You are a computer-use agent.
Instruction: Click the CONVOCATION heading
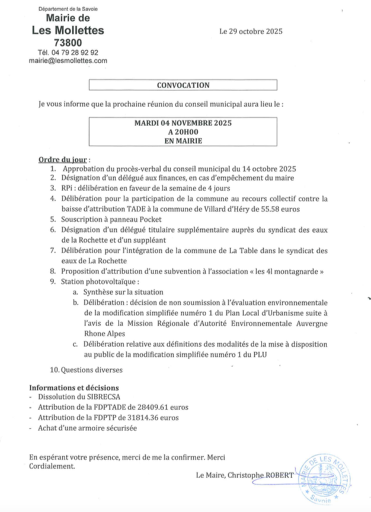(183, 85)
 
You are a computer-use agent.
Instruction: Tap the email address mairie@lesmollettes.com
(68, 60)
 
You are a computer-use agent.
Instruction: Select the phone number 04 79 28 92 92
(76, 52)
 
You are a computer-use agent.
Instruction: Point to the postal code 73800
(68, 43)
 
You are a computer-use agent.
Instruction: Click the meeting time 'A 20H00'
(183, 133)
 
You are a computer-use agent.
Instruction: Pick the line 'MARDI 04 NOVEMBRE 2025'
(183, 123)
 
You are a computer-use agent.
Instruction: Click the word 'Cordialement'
(52, 466)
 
